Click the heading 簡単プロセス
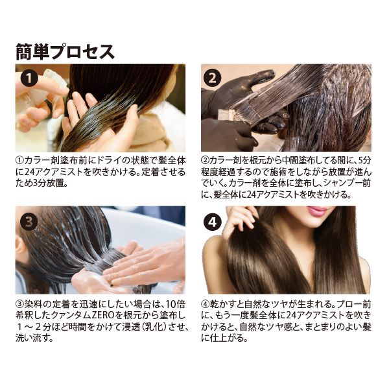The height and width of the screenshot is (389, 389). tap(65, 53)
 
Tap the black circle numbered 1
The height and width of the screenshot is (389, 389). tap(29, 78)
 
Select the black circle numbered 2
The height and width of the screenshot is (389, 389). tap(213, 78)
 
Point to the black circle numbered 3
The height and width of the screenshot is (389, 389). tap(29, 222)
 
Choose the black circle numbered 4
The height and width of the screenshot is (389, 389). tap(213, 222)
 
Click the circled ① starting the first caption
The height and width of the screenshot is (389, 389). tap(19, 161)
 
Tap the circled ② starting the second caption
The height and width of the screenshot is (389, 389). tap(205, 161)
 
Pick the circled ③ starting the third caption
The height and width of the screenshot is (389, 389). tap(19, 304)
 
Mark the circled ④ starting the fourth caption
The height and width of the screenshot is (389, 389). tap(205, 304)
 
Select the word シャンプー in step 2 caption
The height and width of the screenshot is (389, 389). tap(338, 183)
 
